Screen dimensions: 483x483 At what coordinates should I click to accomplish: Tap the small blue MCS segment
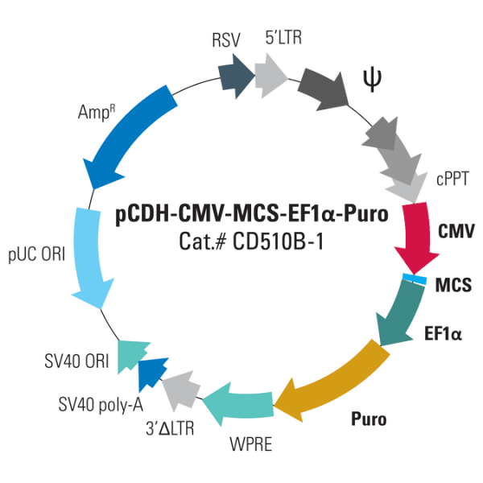tap(415, 279)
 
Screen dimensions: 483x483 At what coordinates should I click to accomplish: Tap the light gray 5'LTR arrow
tap(271, 75)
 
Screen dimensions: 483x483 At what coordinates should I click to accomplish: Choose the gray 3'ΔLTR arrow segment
tap(180, 389)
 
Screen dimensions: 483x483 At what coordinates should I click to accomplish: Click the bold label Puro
tap(369, 419)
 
